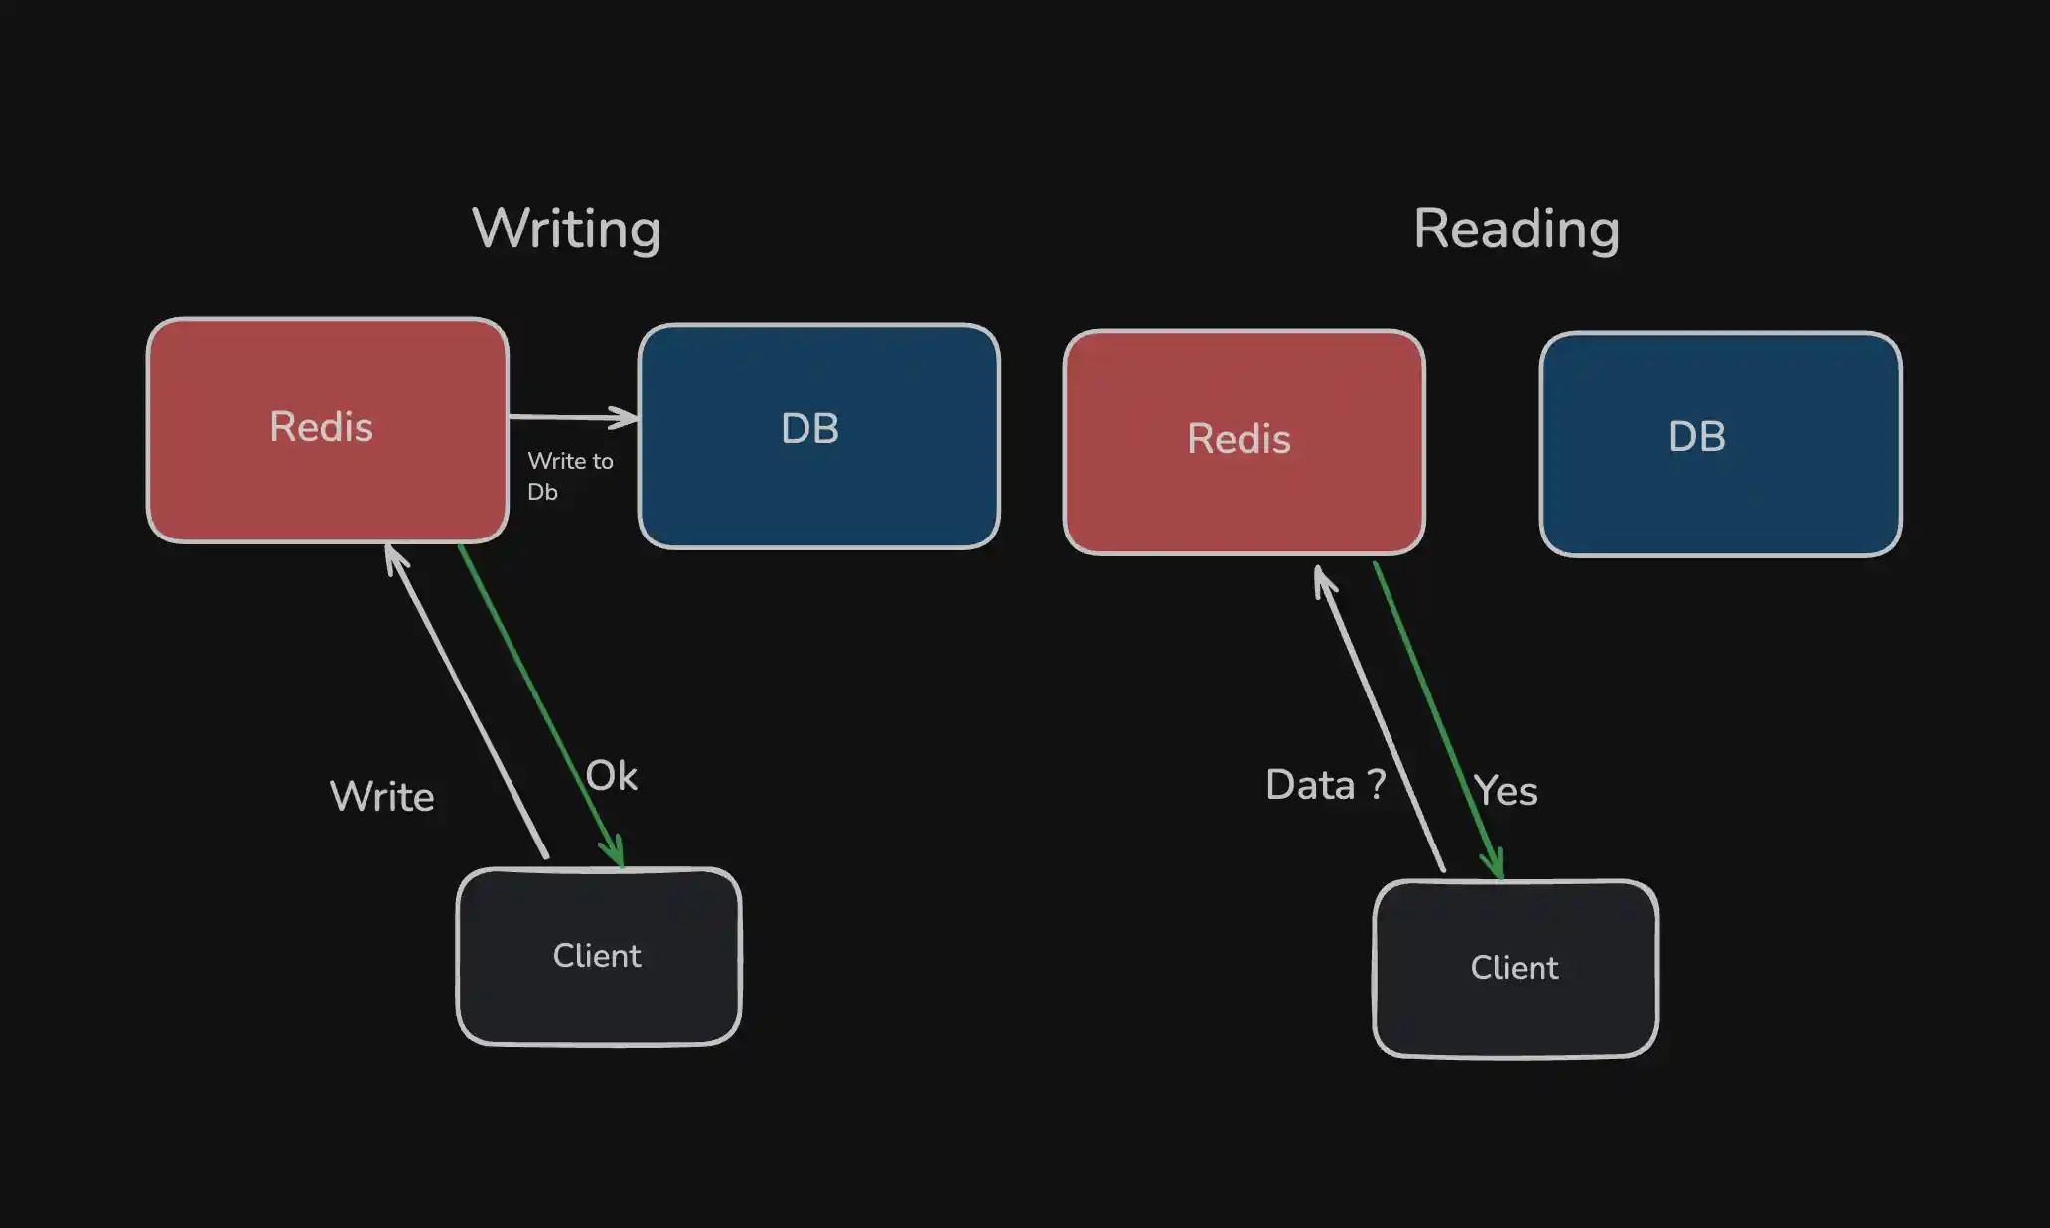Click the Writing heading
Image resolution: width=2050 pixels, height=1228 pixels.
[x=566, y=230]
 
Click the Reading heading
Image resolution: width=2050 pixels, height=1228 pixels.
[x=1517, y=230]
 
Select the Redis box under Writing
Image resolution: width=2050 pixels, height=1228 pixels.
[x=328, y=430]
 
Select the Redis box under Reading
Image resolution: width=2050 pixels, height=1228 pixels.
[x=1245, y=442]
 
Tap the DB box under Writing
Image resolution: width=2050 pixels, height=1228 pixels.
[x=819, y=436]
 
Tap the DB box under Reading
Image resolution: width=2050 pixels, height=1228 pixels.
[x=1721, y=444]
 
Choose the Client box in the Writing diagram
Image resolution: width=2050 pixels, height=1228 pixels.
[x=599, y=957]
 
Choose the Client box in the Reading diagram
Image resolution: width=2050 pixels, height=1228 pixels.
[x=1516, y=969]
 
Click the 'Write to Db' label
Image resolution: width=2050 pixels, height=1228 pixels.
[x=570, y=476]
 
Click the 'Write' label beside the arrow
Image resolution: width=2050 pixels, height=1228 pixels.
[x=381, y=797]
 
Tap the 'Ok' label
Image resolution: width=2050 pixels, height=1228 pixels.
[x=611, y=775]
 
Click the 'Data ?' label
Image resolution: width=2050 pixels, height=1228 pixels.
[x=1325, y=785]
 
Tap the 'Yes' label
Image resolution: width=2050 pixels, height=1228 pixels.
[x=1505, y=791]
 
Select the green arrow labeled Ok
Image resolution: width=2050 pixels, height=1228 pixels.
[x=540, y=706]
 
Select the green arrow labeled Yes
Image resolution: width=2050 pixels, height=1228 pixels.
[x=1438, y=721]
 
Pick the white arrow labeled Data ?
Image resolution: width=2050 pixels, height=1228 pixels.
[x=1380, y=718]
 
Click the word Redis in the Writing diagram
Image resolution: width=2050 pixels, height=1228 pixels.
[x=321, y=427]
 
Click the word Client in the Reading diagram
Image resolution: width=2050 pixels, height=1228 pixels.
[x=1515, y=968]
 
